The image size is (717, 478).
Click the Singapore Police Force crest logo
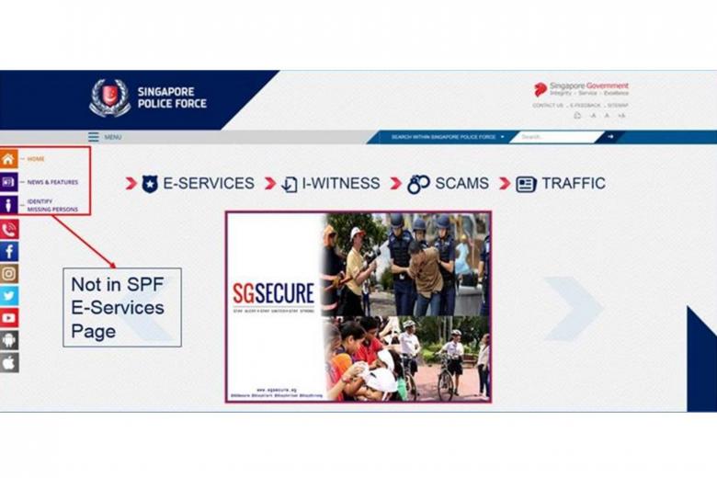pos(109,98)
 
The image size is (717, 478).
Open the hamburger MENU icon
pos(94,137)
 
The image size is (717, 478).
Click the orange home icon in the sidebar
pos(8,159)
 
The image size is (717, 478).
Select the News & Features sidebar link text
pos(52,182)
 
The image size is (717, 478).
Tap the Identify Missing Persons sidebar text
pos(52,205)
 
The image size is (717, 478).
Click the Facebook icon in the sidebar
pos(9,251)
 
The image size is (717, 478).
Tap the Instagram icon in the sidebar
pos(9,273)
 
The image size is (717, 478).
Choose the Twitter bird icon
pos(9,295)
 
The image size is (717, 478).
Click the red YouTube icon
pos(9,318)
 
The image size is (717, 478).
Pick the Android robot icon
pos(9,340)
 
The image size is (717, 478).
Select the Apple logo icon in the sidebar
pos(9,362)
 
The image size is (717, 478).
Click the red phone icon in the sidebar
pos(9,229)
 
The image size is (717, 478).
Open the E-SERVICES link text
pos(209,183)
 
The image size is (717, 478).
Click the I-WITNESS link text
pos(340,183)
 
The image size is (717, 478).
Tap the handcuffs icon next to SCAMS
pos(418,184)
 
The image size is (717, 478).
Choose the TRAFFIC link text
pos(574,183)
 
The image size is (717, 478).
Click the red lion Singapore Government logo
pos(541,89)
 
